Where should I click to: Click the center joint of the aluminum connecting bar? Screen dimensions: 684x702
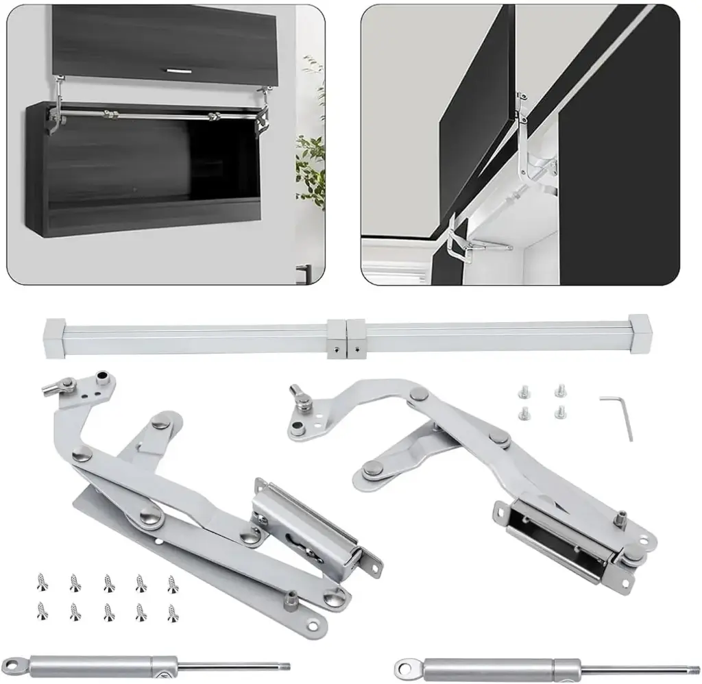click(x=347, y=337)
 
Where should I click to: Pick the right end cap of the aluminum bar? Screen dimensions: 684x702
click(x=638, y=332)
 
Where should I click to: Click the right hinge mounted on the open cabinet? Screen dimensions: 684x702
click(x=261, y=113)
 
